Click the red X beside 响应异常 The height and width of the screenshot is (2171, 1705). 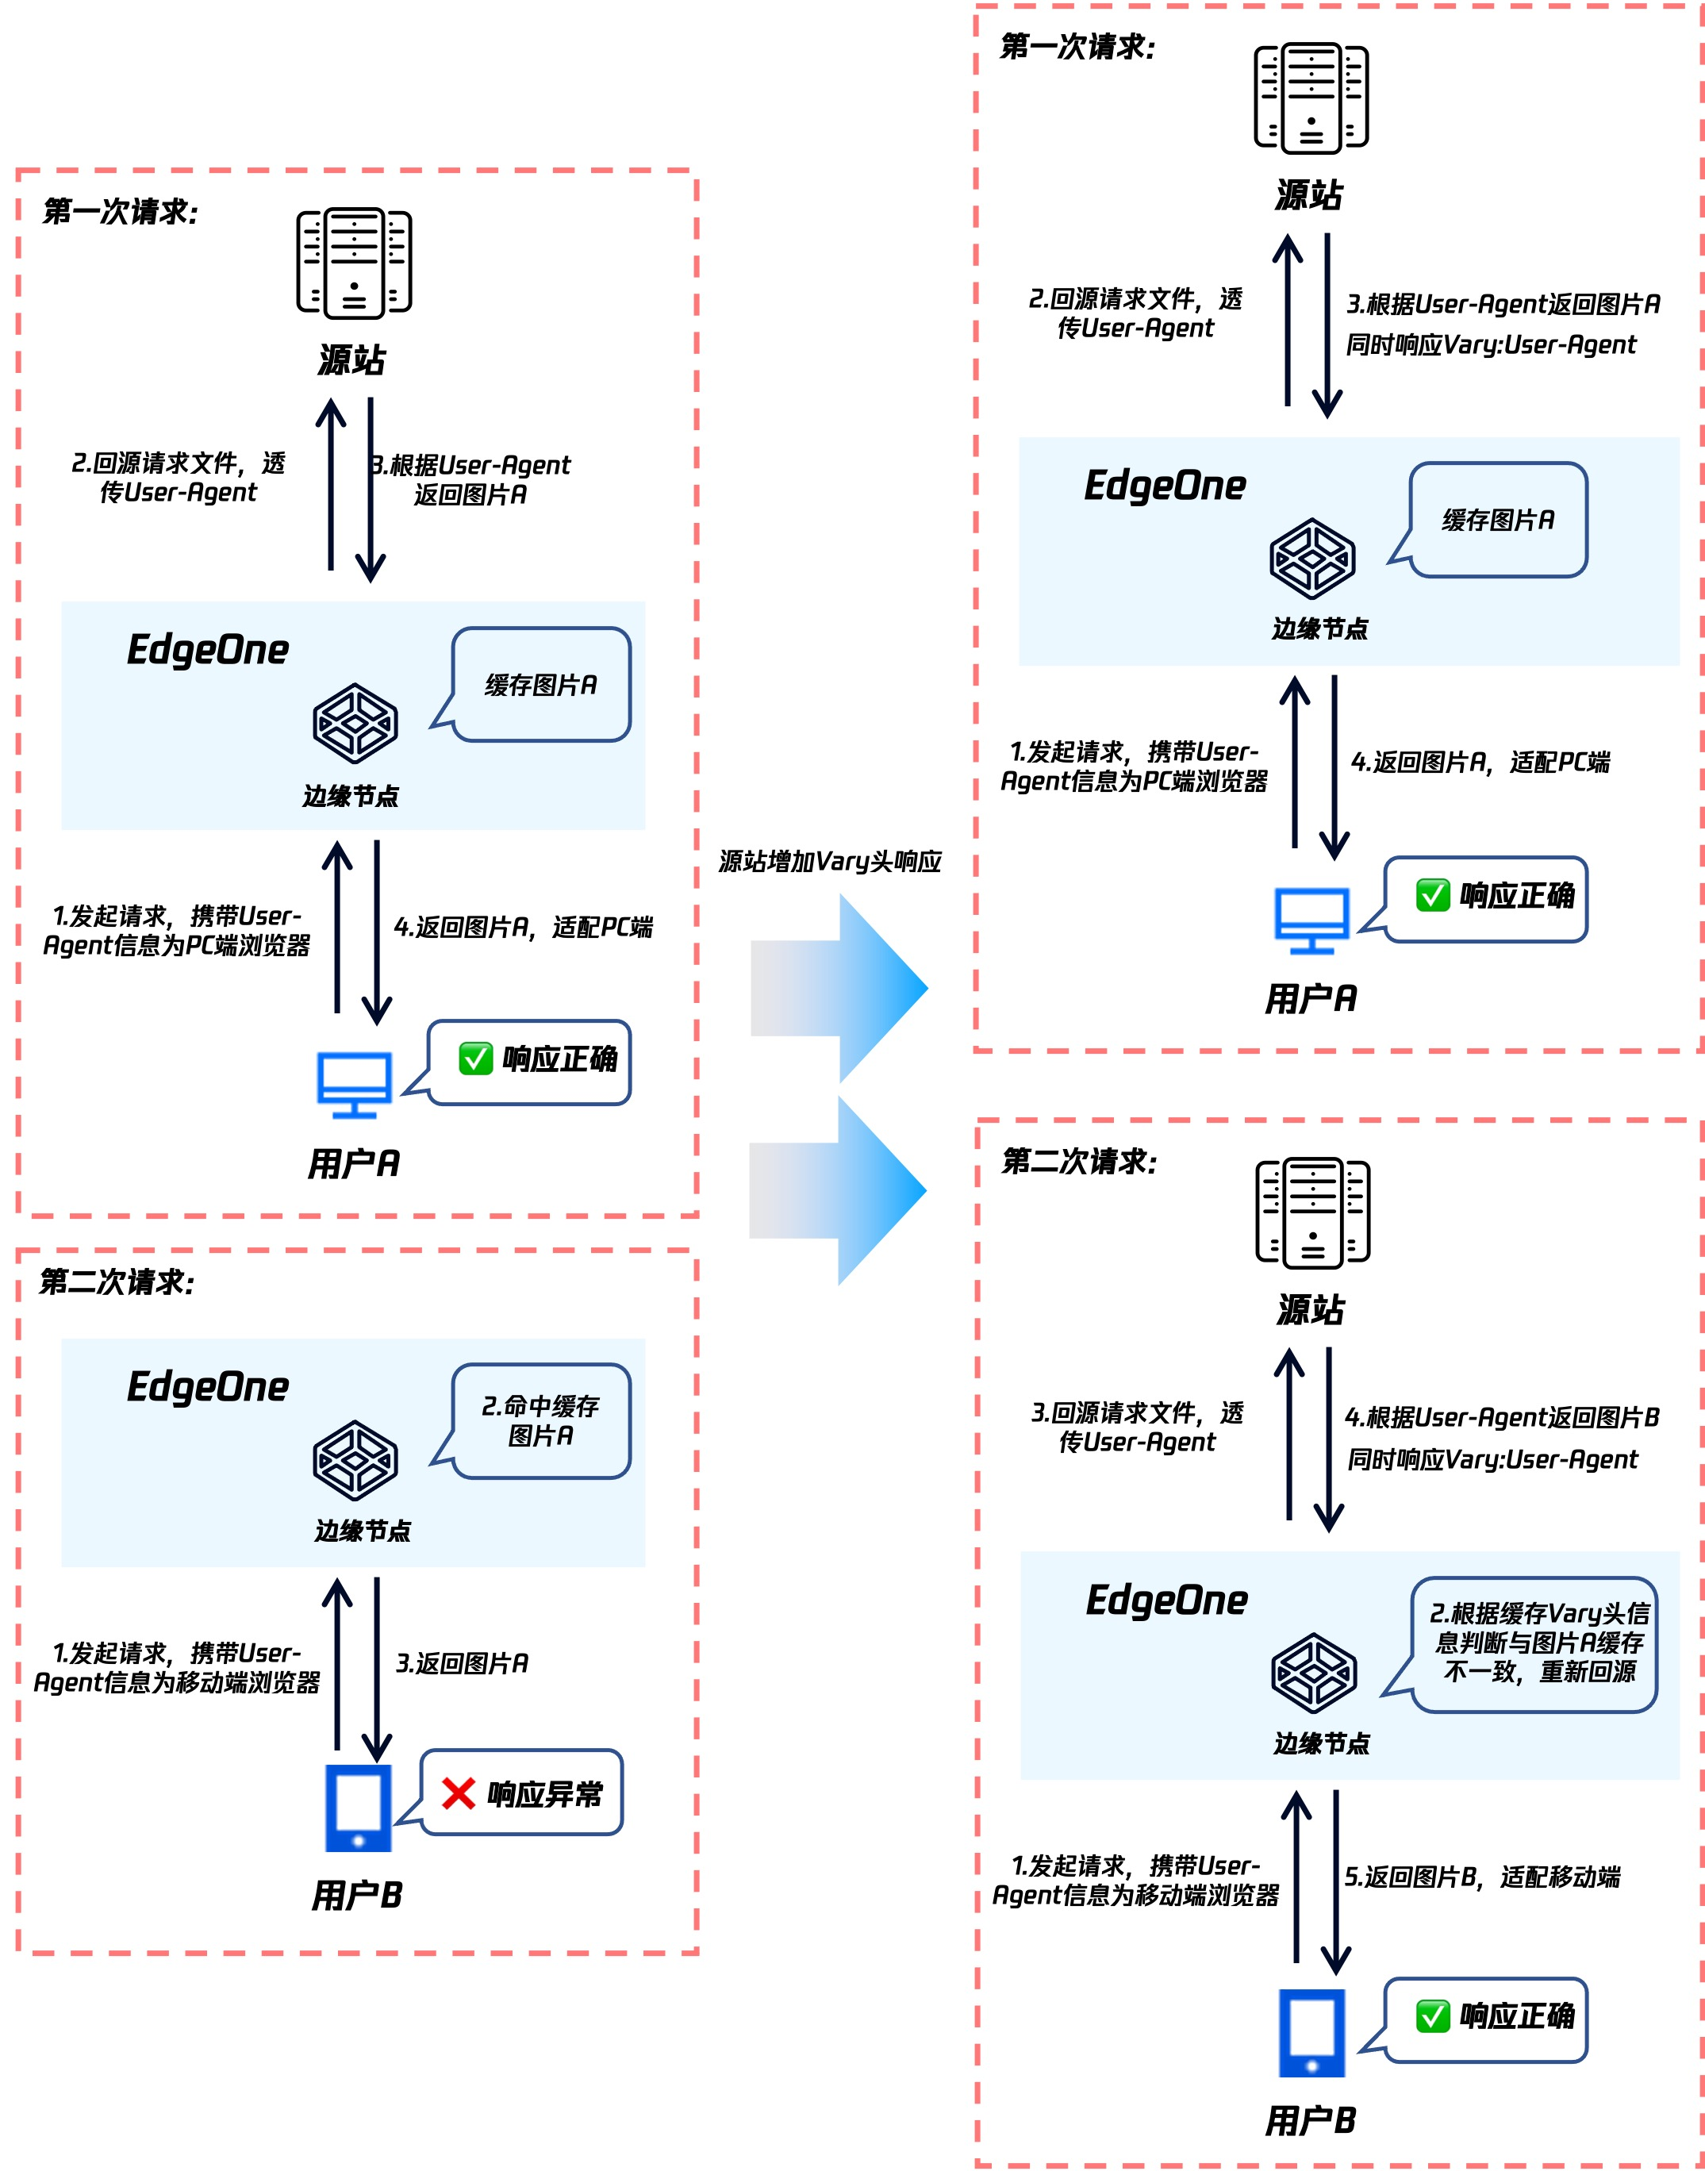pos(459,1794)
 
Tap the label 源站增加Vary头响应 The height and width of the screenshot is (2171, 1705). pos(830,862)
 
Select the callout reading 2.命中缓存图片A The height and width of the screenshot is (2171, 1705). pos(541,1420)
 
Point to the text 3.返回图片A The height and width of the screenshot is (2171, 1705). pos(463,1663)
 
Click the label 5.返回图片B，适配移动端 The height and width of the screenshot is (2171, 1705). pos(1481,1877)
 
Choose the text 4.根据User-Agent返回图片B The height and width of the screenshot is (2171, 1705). pos(1501,1417)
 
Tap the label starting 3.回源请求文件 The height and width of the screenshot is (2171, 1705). pos(1137,1427)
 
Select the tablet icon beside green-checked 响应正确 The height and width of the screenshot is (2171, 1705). pos(1311,2032)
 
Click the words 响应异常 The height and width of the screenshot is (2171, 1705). pos(545,1795)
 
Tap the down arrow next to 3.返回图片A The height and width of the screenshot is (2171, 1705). pos(376,1667)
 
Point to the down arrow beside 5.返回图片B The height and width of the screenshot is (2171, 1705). pos(1335,1881)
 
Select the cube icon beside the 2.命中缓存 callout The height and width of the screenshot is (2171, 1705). pos(355,1460)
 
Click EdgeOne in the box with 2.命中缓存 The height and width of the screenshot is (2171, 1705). pos(208,1386)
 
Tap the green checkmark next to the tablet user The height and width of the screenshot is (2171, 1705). pos(1433,2016)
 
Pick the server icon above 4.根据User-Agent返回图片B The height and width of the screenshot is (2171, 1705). pos(1313,1212)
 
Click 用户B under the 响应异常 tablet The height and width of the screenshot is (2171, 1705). pos(356,1895)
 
